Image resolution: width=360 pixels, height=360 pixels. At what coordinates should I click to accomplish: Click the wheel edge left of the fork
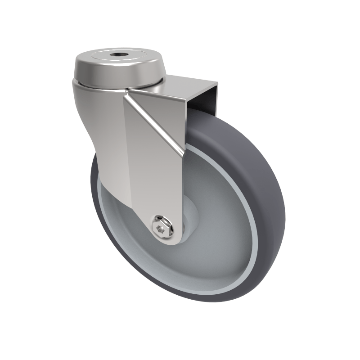(x=95, y=189)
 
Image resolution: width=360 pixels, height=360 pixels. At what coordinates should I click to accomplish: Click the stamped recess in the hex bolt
(x=160, y=229)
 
